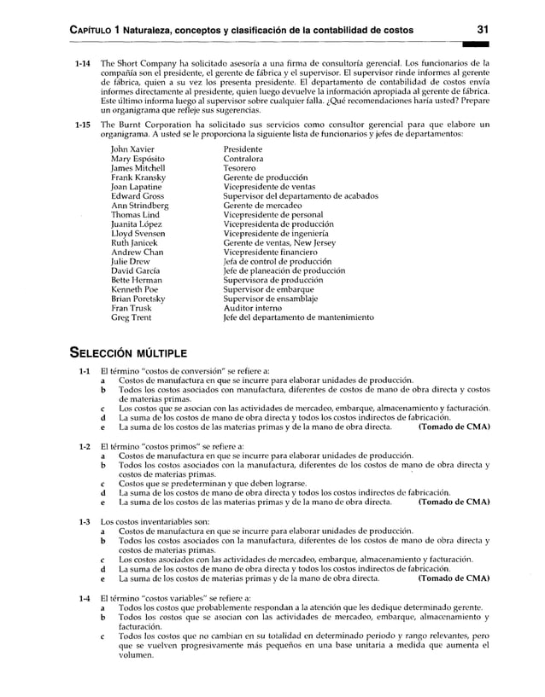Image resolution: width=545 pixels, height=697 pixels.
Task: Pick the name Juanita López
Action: point(138,224)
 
